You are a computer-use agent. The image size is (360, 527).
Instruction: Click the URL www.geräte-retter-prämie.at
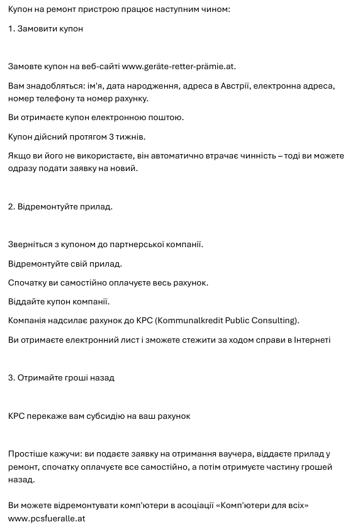point(179,66)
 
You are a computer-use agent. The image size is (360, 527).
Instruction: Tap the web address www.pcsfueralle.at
point(47,518)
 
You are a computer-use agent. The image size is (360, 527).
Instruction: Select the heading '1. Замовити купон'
point(46,28)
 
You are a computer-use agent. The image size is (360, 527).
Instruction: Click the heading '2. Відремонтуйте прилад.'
point(60,206)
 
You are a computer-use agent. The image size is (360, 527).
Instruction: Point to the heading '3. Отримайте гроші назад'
point(61,377)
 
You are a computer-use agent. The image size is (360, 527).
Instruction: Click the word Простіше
point(27,454)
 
